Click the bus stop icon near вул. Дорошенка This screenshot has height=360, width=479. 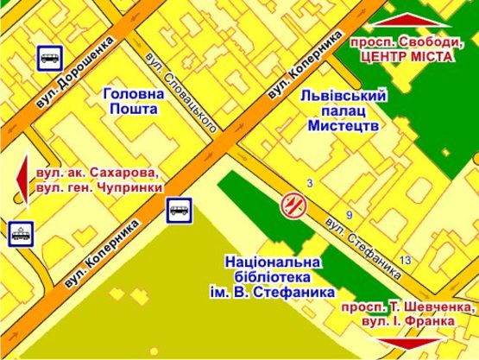point(48,58)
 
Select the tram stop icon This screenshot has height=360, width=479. point(19,233)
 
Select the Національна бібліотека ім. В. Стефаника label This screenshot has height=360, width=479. point(272,276)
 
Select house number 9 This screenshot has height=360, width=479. point(349,214)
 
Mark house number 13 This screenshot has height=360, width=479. point(405,260)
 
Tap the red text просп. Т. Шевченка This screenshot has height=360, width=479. point(408,307)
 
